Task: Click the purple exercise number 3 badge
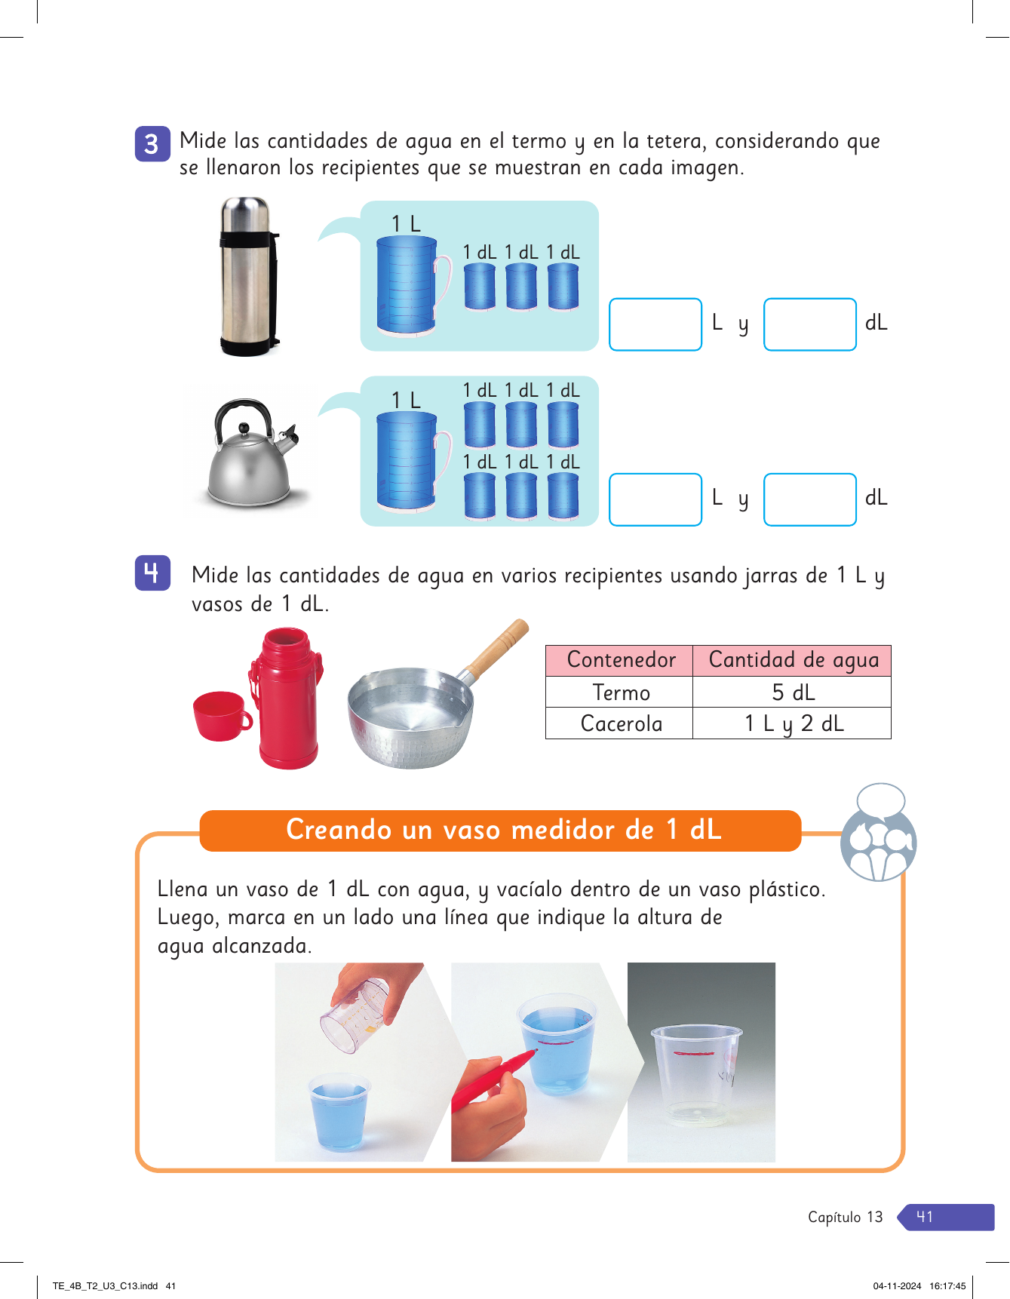(x=152, y=143)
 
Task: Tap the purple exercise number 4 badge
(x=152, y=573)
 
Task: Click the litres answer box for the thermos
(x=655, y=324)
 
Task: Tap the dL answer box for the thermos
(x=810, y=324)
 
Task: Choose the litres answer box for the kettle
(x=655, y=499)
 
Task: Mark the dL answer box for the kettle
(x=810, y=499)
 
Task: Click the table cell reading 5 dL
(x=792, y=692)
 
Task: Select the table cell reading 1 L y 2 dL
(x=792, y=723)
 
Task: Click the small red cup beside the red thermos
(x=222, y=716)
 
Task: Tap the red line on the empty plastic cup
(x=694, y=1053)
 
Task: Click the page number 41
(x=925, y=1217)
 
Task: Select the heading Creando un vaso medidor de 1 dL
(x=503, y=830)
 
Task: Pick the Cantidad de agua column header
(x=792, y=660)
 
